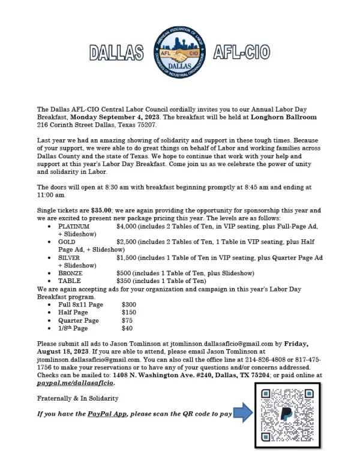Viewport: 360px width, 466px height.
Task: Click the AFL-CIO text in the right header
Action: point(241,52)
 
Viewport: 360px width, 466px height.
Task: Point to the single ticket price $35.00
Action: point(100,211)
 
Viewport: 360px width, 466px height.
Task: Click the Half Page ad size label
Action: point(73,312)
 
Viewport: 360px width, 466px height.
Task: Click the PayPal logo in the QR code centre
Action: point(287,413)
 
